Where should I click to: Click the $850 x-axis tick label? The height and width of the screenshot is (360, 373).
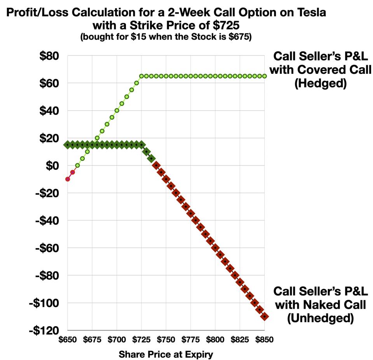click(264, 339)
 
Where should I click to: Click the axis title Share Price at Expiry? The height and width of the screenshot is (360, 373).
click(166, 354)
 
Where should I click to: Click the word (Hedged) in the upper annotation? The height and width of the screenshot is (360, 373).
click(321, 83)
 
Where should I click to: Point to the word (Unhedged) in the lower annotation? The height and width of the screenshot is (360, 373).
click(320, 318)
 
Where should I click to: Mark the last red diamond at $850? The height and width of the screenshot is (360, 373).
click(265, 317)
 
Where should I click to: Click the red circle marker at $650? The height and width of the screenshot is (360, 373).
click(68, 179)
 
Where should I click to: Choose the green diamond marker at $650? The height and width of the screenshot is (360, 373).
click(68, 144)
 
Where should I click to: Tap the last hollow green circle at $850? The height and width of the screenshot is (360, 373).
click(265, 76)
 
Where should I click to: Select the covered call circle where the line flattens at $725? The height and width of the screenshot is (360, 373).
click(141, 76)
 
